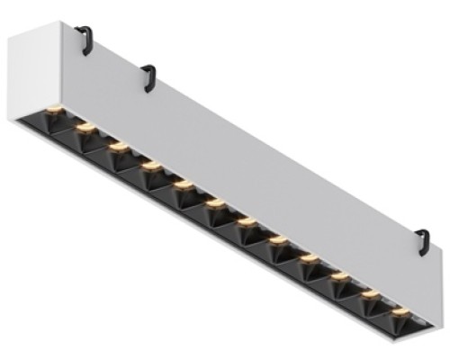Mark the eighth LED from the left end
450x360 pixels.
pyautogui.click(x=277, y=240)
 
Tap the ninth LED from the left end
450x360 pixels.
pyautogui.click(x=309, y=259)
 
